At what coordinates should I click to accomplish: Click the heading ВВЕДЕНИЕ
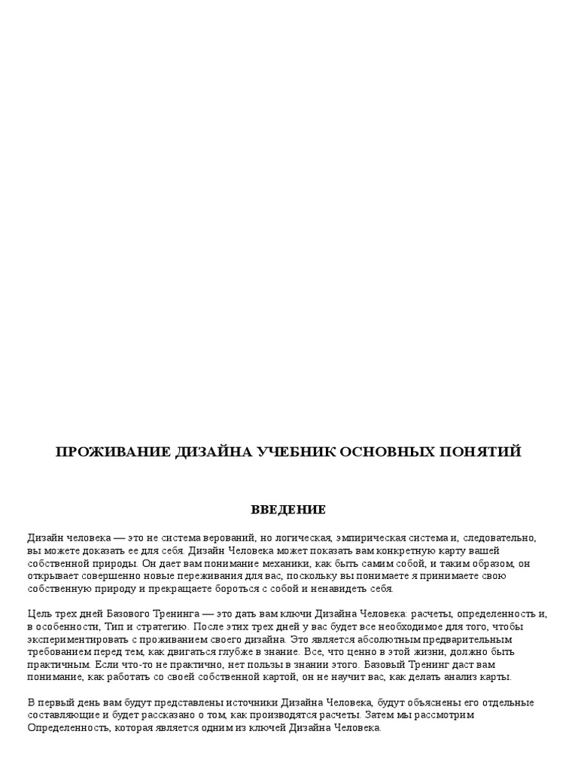[x=288, y=510]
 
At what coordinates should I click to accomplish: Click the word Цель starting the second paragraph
[x=39, y=614]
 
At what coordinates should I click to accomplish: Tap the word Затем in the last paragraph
[x=391, y=715]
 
